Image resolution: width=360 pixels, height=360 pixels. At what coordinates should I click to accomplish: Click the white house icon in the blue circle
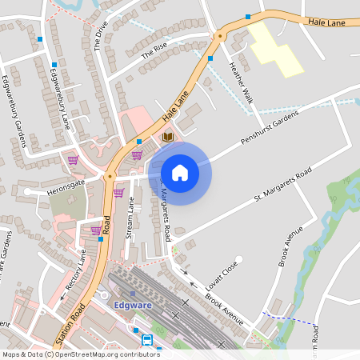click(x=180, y=172)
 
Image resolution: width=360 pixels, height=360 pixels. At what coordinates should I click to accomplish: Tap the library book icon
click(x=168, y=138)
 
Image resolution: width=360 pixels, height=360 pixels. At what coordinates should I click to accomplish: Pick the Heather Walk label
click(x=241, y=82)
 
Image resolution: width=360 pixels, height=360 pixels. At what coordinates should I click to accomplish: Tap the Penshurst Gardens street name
click(x=269, y=128)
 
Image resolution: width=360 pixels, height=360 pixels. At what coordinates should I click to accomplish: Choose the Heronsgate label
click(x=66, y=182)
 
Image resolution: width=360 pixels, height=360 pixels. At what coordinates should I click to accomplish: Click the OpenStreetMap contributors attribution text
click(x=80, y=354)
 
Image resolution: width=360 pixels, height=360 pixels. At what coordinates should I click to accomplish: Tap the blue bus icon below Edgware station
click(x=148, y=339)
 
